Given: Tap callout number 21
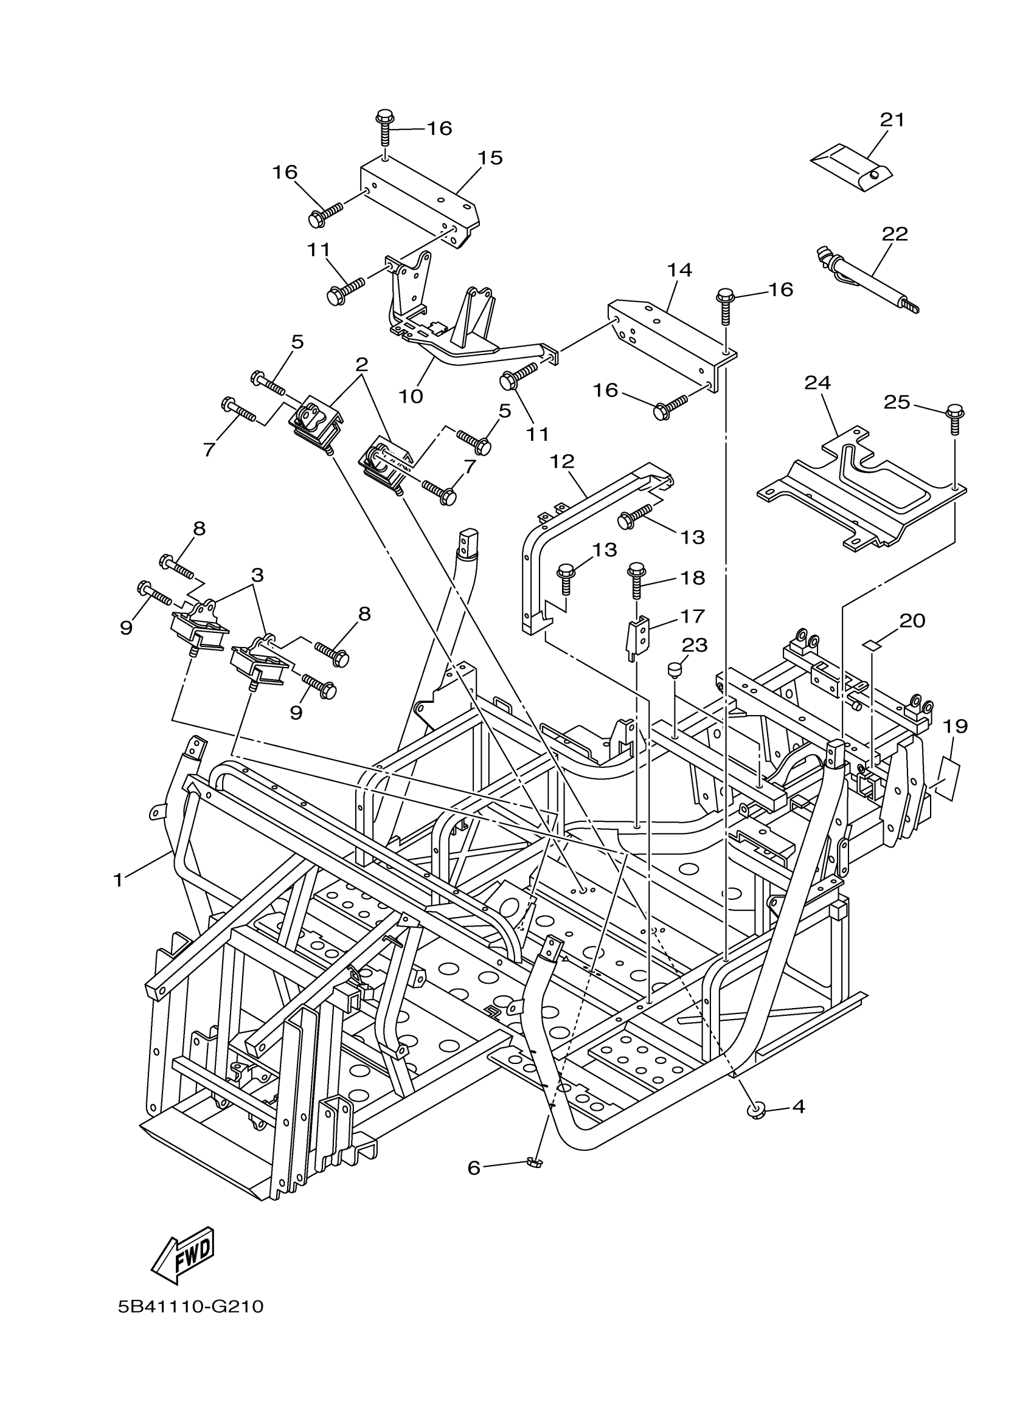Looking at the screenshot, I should tap(892, 120).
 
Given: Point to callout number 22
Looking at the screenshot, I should tap(894, 234).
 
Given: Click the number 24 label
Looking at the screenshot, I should tap(817, 382).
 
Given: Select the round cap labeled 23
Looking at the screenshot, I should tap(675, 668).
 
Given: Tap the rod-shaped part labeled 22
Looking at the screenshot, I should tap(867, 278).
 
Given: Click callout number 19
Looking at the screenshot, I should tap(955, 725).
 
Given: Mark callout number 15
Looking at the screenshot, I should tap(490, 157).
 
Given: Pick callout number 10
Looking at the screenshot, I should tap(411, 396).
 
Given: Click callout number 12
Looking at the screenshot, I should tap(561, 461).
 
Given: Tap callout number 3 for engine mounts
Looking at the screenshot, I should tap(257, 575).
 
